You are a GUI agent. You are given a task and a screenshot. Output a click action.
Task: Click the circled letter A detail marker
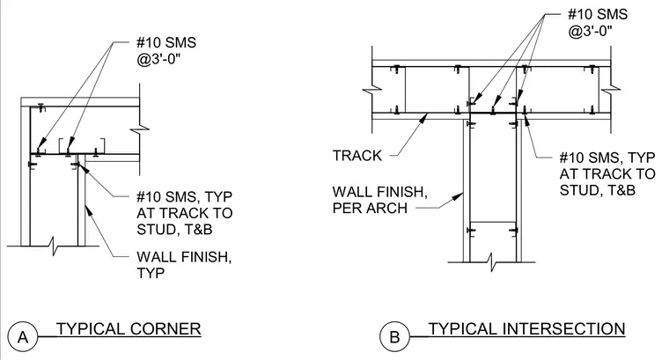tap(23, 336)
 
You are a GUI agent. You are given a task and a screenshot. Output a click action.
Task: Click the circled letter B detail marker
tap(394, 336)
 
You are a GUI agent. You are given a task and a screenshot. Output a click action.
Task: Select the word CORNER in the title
tap(165, 329)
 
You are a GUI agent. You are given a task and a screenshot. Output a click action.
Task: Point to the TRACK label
tap(357, 156)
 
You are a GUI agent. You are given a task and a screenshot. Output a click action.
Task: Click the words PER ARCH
tap(370, 208)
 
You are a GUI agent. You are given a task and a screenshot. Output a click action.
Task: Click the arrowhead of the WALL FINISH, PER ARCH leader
tap(459, 197)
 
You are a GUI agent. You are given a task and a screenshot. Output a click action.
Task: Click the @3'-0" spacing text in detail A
tap(158, 59)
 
